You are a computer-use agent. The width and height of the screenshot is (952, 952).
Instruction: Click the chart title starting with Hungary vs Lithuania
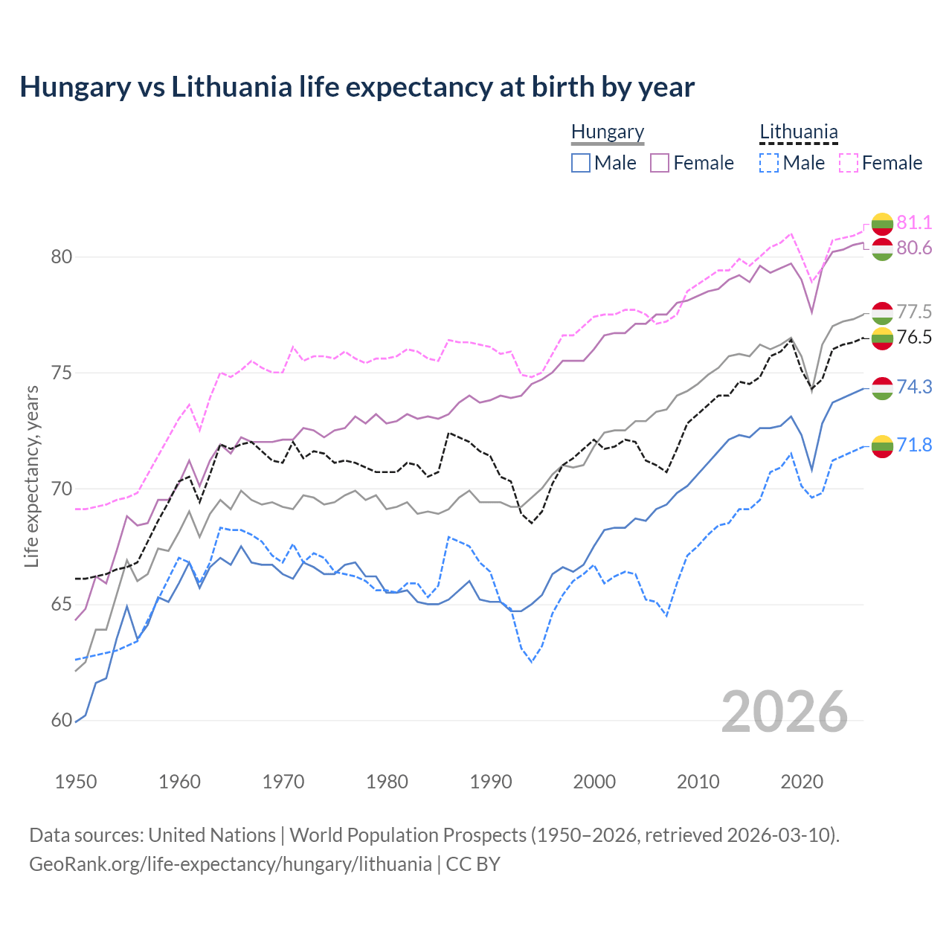coord(357,87)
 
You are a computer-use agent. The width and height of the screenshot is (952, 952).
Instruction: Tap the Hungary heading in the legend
coord(608,132)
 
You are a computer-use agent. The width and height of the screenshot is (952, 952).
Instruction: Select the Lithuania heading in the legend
coord(798,132)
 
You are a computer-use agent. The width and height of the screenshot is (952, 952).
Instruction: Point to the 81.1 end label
coord(914,222)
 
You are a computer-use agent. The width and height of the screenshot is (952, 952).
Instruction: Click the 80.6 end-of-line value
coord(914,248)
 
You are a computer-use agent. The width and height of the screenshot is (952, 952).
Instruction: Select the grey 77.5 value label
coord(914,312)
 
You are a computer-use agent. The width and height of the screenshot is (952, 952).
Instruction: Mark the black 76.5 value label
coord(914,338)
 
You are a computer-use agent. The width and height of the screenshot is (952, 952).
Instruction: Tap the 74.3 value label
coord(914,387)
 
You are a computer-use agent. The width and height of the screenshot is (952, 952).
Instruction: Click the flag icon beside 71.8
coord(882,446)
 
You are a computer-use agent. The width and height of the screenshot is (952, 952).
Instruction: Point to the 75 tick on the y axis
coord(62,373)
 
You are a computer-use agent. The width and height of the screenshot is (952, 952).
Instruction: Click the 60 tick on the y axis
coord(62,720)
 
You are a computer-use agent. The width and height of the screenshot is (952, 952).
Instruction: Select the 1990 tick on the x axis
coord(491,782)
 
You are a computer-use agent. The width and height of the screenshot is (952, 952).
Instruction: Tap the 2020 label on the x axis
coord(802,782)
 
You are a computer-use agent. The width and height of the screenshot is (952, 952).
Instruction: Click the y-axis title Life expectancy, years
coord(32,476)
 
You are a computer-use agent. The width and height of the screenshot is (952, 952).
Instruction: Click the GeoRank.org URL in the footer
coord(231,864)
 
